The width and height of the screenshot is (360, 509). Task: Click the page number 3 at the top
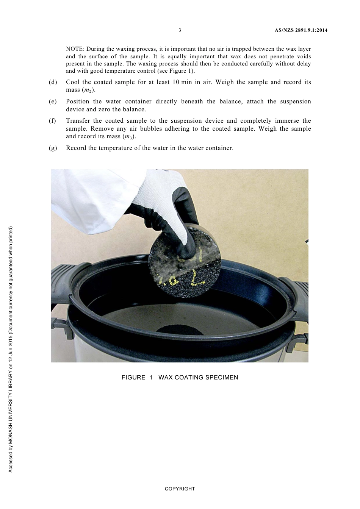pos(180,30)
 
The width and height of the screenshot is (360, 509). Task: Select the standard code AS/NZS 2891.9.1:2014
pos(301,30)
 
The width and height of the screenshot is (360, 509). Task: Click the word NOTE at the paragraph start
pos(74,49)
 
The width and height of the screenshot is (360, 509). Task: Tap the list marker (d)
pos(53,82)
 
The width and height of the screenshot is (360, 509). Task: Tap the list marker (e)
pos(53,101)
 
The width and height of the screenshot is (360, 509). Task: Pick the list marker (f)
pos(53,121)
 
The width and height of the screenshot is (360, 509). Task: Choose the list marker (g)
pos(53,148)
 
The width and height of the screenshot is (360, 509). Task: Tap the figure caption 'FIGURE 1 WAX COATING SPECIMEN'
pos(180,378)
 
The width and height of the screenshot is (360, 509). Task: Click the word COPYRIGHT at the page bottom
pos(180,489)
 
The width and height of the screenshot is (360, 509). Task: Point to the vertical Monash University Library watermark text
pos(11,348)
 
